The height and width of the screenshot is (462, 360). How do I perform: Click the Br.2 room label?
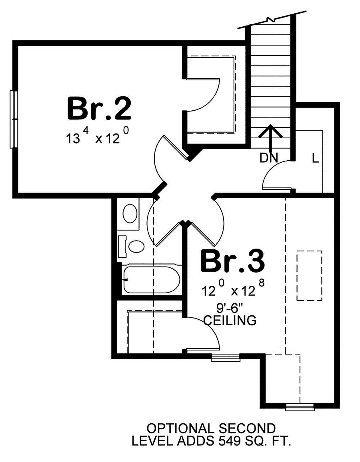pos(99,109)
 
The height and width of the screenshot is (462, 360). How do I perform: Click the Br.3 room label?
pos(232,261)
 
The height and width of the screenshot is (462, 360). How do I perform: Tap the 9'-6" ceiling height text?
pos(230,309)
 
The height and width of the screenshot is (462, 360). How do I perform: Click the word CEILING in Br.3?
pos(230,320)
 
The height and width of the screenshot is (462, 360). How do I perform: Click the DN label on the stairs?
pos(268,158)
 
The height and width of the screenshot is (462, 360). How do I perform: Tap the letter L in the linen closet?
pos(315,159)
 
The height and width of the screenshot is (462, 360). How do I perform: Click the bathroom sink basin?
pos(130,213)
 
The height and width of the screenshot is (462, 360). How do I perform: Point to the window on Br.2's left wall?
pos(14,119)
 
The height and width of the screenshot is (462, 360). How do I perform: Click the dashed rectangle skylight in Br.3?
pos(309,276)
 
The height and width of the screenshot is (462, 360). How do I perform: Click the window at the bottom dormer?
pos(300,407)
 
